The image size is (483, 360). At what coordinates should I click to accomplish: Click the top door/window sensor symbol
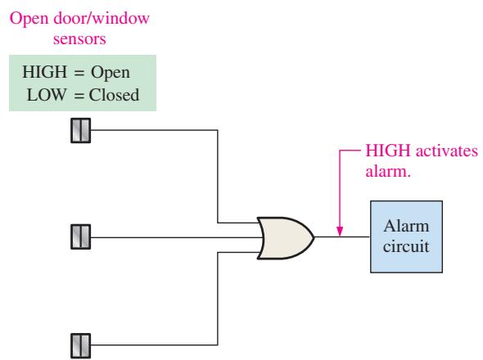click(81, 131)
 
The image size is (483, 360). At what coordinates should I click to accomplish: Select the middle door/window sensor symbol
click(81, 236)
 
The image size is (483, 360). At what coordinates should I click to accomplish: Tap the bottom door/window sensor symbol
click(81, 345)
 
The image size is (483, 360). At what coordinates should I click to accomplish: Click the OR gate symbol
click(286, 238)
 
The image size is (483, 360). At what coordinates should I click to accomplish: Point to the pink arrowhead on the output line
click(340, 232)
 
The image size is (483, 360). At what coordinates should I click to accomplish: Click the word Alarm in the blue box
click(406, 227)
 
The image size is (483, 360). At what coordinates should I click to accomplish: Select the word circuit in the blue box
click(406, 246)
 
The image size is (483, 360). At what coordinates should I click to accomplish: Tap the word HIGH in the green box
click(45, 72)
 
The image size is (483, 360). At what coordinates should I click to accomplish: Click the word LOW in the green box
click(47, 95)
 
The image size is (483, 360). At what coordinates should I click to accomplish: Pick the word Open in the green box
click(111, 74)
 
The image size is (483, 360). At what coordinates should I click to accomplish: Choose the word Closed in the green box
click(114, 95)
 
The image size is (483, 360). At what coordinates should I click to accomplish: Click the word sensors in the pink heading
click(79, 39)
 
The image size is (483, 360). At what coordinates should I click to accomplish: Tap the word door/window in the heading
click(102, 18)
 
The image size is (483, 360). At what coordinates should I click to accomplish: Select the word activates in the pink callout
click(447, 151)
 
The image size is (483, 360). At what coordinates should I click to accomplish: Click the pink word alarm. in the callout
click(388, 171)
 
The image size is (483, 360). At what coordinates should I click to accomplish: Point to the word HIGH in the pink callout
click(388, 151)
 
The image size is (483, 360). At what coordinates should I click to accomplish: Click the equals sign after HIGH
click(79, 73)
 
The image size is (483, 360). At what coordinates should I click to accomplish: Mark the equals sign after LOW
click(79, 96)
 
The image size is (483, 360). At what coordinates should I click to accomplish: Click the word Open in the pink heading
click(29, 19)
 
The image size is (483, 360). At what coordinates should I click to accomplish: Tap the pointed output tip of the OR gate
click(314, 237)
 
